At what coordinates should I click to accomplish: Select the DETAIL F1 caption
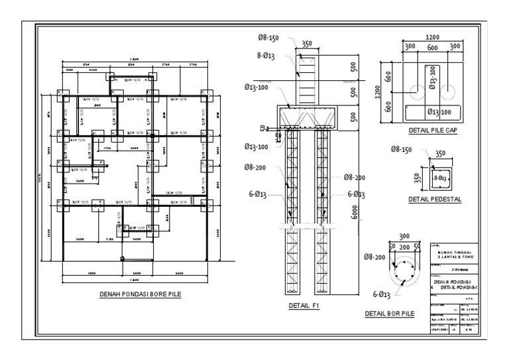pyautogui.click(x=304, y=306)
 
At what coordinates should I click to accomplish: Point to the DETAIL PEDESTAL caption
pyautogui.click(x=435, y=199)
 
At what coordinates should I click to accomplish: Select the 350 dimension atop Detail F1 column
pyautogui.click(x=306, y=44)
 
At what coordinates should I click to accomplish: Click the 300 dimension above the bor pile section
pyautogui.click(x=404, y=236)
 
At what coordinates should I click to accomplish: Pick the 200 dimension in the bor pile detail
pyautogui.click(x=404, y=245)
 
